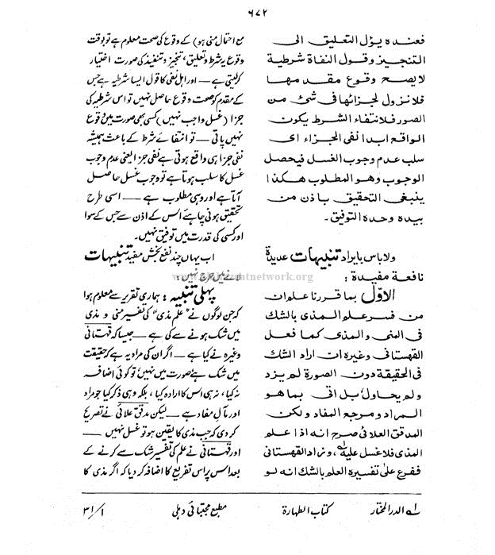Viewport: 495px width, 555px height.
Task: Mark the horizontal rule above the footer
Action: pos(247,493)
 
